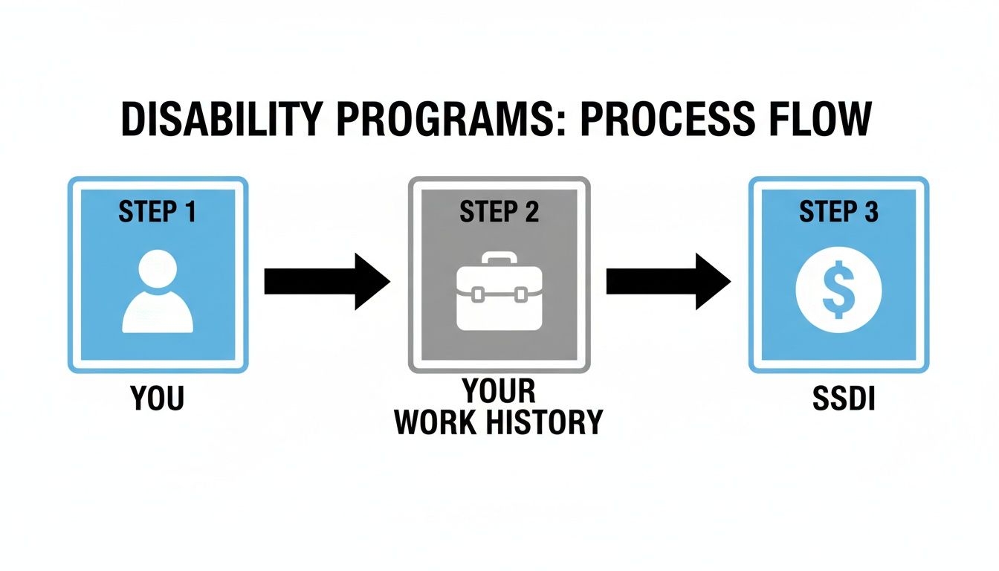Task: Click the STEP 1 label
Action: pyautogui.click(x=157, y=212)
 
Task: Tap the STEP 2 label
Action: pyautogui.click(x=499, y=212)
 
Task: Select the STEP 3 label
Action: pyautogui.click(x=838, y=212)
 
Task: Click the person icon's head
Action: pyautogui.click(x=158, y=270)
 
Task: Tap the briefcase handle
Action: pyautogui.click(x=498, y=258)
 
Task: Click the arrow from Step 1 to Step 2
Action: pyautogui.click(x=327, y=282)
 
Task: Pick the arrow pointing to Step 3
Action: pyautogui.click(x=668, y=282)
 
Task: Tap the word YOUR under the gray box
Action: pyautogui.click(x=498, y=390)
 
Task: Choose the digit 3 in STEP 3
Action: pyautogui.click(x=871, y=212)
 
